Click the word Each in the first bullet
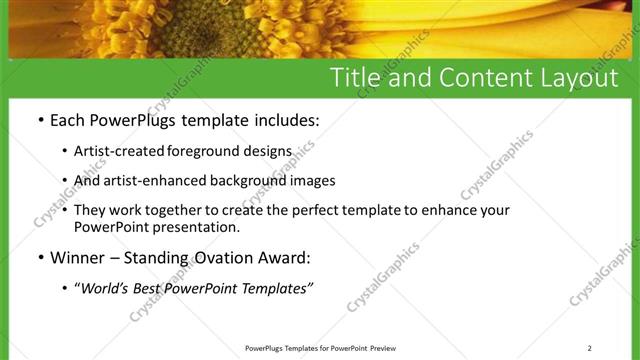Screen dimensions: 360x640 tap(69, 120)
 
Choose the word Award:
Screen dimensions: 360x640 tap(286, 257)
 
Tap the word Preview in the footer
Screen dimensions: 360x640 tap(384, 348)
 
